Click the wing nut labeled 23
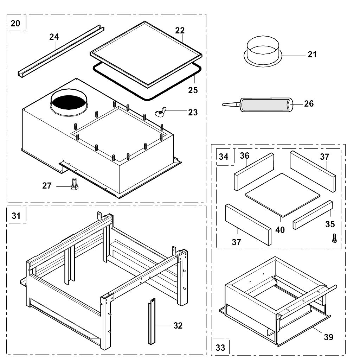point(159,113)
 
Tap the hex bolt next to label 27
point(74,184)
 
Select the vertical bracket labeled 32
point(152,321)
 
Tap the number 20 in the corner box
point(15,24)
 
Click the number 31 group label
point(16,216)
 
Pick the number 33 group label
point(220,348)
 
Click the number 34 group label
point(224,157)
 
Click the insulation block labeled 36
point(254,172)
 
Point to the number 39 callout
point(328,337)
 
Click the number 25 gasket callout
point(193,90)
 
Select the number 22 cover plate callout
point(180,31)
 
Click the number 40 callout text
point(280,230)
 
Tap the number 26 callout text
point(309,104)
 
